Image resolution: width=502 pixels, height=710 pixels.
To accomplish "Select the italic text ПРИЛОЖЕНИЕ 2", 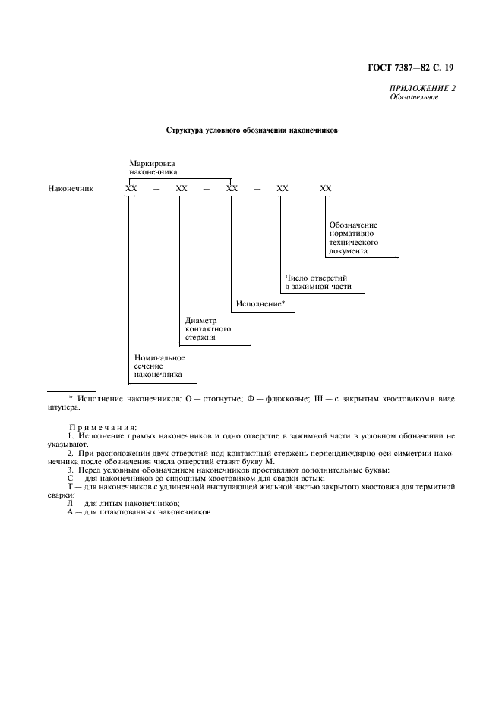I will [422, 89].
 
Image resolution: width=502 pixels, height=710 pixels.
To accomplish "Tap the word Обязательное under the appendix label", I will [410, 97].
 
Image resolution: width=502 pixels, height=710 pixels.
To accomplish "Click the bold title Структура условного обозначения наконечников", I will [251, 130].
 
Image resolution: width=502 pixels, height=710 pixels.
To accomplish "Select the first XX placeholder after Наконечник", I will [131, 188].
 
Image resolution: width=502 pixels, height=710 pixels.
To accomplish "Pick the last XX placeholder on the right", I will [326, 188].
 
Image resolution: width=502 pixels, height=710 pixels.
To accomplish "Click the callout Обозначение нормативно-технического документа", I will [354, 237].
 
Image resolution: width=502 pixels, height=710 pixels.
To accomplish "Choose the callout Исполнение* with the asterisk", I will [260, 304].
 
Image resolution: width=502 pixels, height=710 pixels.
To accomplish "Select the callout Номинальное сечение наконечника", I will [159, 366].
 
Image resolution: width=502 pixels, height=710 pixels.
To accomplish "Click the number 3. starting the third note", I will [71, 470].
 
